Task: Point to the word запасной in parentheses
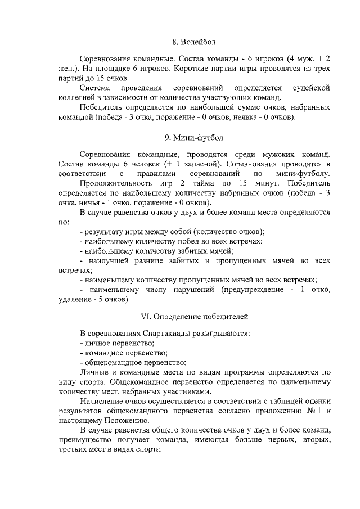(x=197, y=164)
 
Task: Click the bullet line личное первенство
(x=118, y=343)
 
